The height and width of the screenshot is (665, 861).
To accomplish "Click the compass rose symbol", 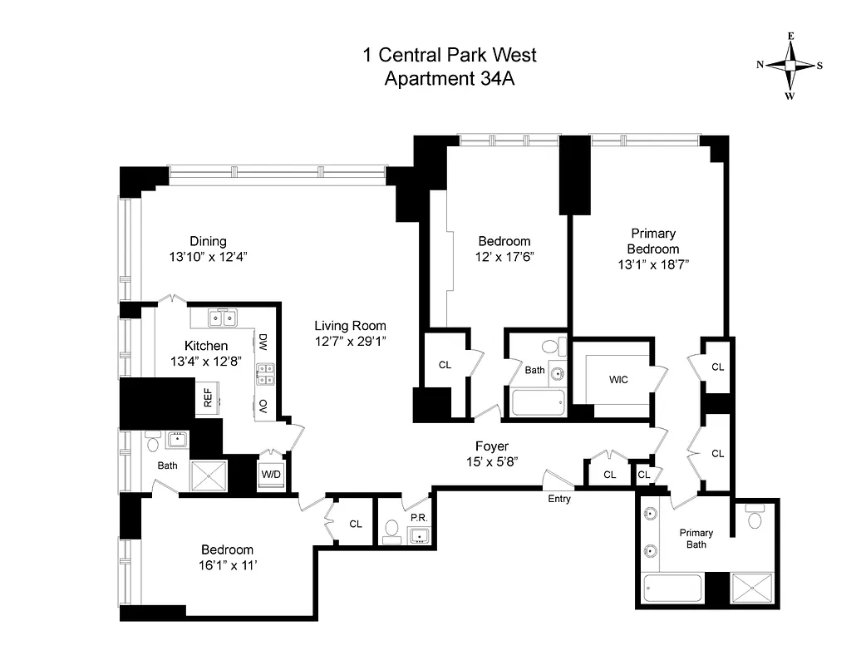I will pyautogui.click(x=790, y=66).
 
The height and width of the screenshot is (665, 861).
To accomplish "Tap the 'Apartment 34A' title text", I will pyautogui.click(x=449, y=79).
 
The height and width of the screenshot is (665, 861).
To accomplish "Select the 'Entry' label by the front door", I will pyautogui.click(x=559, y=499).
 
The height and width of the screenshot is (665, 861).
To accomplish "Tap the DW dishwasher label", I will pyautogui.click(x=263, y=341).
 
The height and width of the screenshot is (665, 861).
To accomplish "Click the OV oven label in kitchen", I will pyautogui.click(x=263, y=405).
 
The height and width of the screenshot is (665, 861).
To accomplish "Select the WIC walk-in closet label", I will pyautogui.click(x=617, y=380).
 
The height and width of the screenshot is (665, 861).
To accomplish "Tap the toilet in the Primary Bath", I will pyautogui.click(x=755, y=518).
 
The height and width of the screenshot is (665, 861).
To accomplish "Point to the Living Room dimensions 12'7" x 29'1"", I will pyautogui.click(x=350, y=341).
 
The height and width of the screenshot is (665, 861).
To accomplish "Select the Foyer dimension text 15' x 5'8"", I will pyautogui.click(x=492, y=461).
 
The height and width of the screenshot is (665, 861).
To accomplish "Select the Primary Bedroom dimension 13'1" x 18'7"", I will pyautogui.click(x=652, y=264).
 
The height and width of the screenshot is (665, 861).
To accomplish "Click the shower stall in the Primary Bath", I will pyautogui.click(x=751, y=589).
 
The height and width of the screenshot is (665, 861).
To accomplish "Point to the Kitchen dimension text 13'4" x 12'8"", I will pyautogui.click(x=205, y=362).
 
